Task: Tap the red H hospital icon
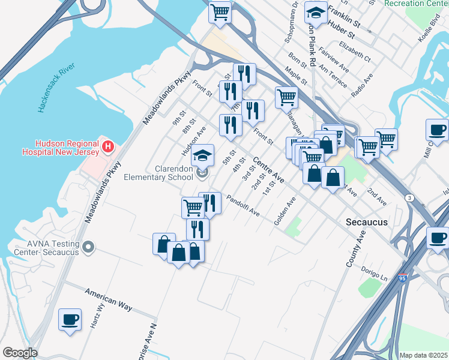pos(108,146)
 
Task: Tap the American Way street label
pos(108,299)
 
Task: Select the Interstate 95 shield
pos(402,278)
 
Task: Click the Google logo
pos(20,353)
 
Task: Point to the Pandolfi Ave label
pos(243,205)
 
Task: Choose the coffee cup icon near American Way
pos(70,319)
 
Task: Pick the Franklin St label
pos(344,23)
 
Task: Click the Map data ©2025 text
pos(423,355)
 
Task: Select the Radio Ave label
pos(363,85)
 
